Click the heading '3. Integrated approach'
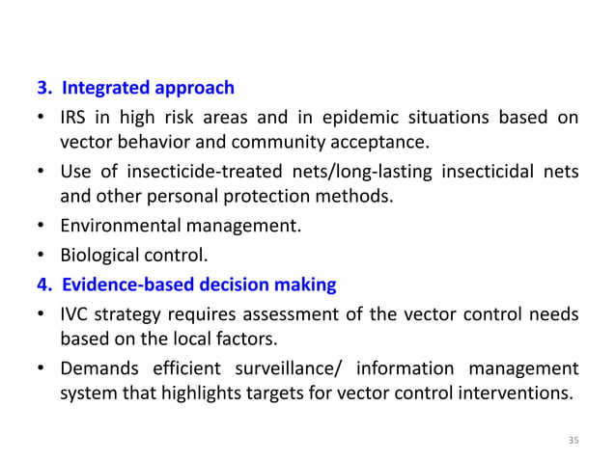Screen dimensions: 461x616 click(x=136, y=89)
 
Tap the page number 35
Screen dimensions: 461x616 click(x=574, y=440)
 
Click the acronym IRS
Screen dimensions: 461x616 click(x=73, y=119)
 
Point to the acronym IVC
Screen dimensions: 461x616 click(x=75, y=315)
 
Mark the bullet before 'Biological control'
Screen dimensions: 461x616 click(x=42, y=258)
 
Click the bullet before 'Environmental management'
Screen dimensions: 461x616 click(x=42, y=229)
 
